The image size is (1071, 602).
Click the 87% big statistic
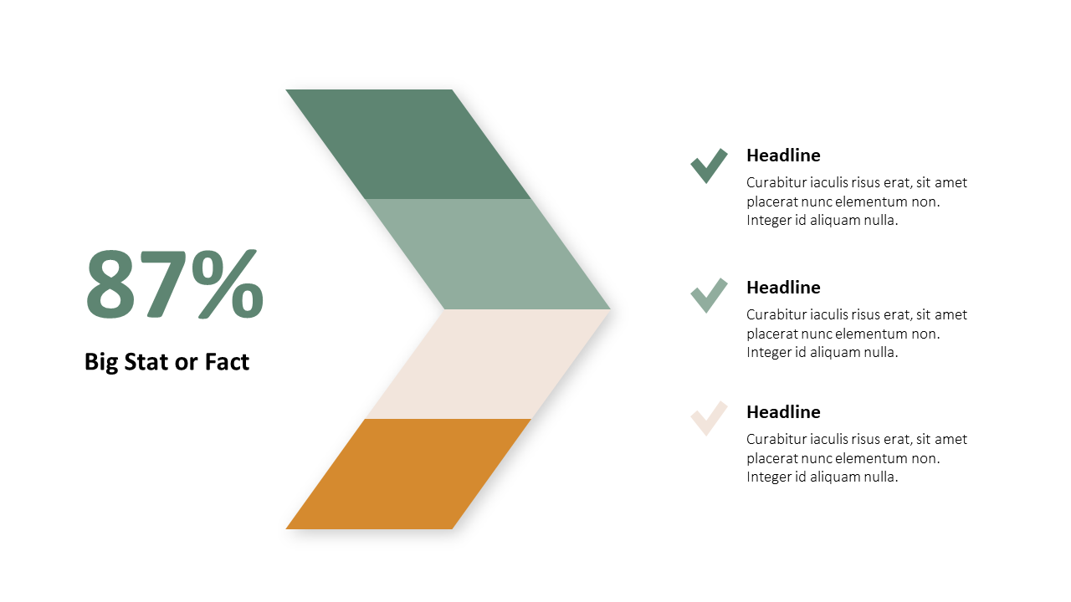[175, 283]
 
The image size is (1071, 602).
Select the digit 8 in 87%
[110, 284]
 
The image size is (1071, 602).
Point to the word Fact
[227, 362]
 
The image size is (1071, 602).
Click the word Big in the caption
[101, 363]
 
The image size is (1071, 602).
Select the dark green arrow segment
[407, 145]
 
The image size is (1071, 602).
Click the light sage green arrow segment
[488, 254]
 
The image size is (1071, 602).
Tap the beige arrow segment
[488, 364]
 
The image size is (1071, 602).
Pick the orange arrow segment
[407, 474]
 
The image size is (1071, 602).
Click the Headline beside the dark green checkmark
[783, 156]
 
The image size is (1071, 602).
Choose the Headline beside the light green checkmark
[783, 287]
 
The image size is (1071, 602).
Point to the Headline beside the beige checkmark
[783, 412]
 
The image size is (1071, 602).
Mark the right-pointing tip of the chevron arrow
[610, 309]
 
